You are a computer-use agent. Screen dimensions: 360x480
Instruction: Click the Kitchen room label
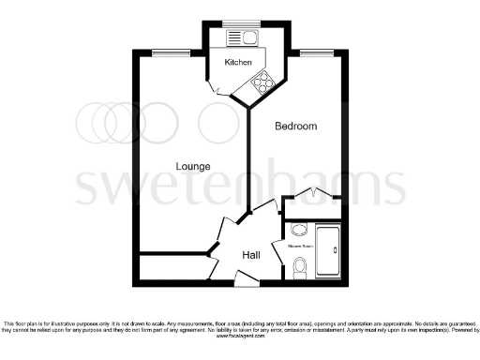(238, 62)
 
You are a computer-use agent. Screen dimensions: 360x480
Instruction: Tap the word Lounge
(193, 167)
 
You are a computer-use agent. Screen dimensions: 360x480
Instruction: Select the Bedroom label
(295, 126)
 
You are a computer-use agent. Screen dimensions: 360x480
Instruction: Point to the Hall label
(251, 255)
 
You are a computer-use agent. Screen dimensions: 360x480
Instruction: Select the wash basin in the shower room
(299, 230)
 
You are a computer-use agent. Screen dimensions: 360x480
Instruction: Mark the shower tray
(328, 251)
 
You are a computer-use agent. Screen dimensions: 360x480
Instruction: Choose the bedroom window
(311, 52)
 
